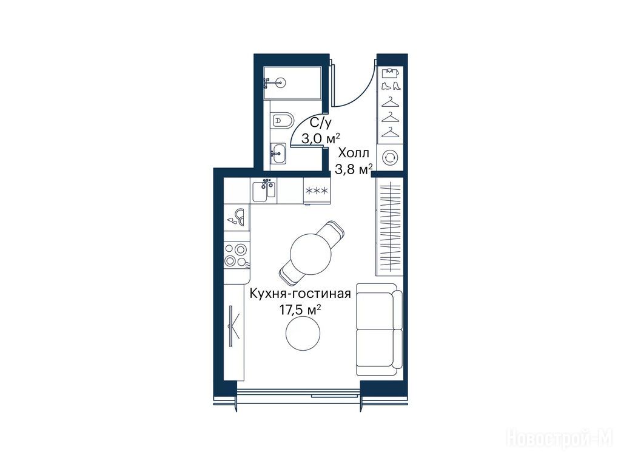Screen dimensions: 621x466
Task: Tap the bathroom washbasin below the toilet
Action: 278,154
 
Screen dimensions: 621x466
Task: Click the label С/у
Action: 320,123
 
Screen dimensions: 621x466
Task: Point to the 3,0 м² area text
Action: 320,139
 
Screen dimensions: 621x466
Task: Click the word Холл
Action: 354,153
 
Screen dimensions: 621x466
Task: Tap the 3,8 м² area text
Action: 354,169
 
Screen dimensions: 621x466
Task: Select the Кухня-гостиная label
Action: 300,294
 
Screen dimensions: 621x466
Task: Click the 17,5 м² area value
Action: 300,309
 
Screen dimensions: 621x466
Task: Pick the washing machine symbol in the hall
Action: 390,157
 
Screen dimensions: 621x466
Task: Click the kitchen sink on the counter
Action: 263,190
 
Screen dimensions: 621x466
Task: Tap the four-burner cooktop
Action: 237,254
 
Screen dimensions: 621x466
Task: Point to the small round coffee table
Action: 303,333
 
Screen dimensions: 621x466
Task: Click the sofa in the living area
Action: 379,329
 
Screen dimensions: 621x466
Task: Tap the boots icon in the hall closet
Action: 391,86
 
